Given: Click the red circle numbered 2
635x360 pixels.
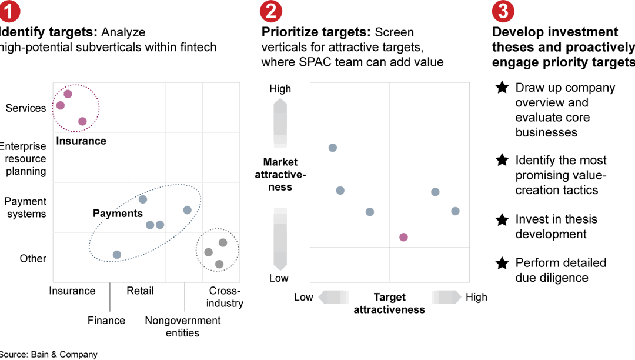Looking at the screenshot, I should (270, 11).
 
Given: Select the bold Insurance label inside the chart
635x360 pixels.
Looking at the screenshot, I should (81, 141).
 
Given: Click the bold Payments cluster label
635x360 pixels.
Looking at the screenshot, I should (118, 214).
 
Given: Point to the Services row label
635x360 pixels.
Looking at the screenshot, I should (26, 108).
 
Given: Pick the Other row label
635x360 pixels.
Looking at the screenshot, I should (33, 258).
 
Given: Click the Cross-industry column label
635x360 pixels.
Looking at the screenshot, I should (225, 297).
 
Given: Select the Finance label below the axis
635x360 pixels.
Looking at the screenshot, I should (106, 321).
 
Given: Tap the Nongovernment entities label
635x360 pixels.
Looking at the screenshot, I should (183, 326).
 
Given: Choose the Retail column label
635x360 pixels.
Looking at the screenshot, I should (140, 291).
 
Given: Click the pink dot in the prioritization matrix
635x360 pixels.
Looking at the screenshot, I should (403, 237).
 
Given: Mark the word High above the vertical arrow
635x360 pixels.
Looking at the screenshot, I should (280, 89).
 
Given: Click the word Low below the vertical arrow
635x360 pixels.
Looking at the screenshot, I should (279, 278).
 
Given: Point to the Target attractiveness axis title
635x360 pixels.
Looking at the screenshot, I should (389, 304).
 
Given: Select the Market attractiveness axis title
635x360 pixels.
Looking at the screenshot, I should (280, 174).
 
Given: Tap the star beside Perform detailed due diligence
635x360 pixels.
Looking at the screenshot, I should (502, 263).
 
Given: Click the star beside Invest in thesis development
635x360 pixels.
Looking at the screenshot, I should (502, 219).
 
